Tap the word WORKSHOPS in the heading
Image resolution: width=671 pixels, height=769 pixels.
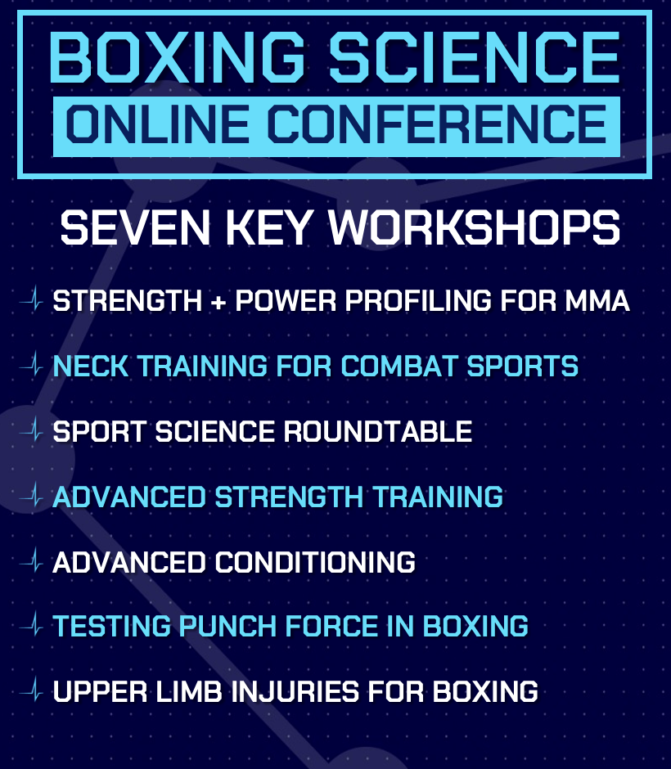pos(474,229)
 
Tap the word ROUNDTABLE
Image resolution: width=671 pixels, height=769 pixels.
pos(377,431)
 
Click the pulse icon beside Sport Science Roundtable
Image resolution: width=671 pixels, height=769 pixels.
pos(33,431)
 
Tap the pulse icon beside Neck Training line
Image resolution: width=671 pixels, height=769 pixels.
pos(33,366)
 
